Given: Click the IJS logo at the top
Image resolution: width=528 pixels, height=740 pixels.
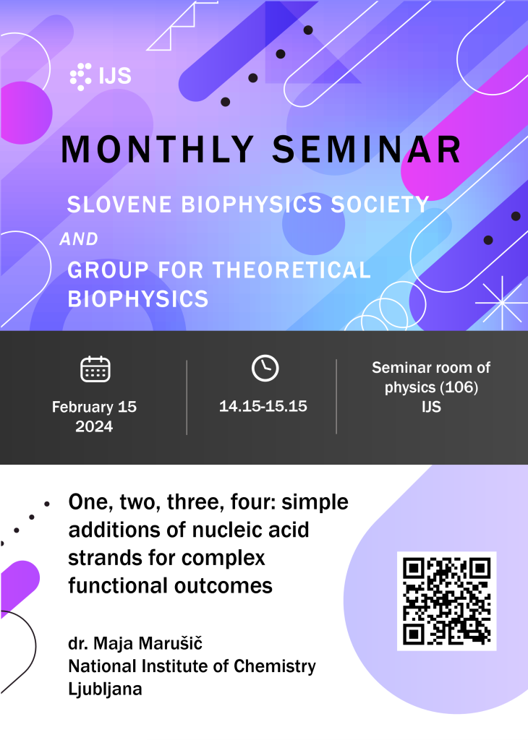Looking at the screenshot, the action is click(101, 76).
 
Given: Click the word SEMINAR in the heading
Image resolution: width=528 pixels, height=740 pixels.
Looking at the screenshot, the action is click(367, 150).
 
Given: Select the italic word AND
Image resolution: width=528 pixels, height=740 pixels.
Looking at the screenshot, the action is click(79, 239).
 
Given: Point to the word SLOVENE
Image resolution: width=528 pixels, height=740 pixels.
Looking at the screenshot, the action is click(119, 205).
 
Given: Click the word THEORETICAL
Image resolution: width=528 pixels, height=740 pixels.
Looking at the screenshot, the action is click(292, 270).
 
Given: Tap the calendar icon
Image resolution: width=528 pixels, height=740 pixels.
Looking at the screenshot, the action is click(95, 369).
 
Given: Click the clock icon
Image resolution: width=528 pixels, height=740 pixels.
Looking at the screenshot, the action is click(265, 368).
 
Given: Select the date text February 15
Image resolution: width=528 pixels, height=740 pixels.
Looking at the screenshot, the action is click(95, 407).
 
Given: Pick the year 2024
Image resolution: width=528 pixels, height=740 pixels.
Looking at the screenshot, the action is click(94, 426).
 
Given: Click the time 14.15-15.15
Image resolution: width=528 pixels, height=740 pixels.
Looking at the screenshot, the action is click(263, 406).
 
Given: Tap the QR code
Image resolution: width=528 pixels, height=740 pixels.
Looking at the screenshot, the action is click(447, 601).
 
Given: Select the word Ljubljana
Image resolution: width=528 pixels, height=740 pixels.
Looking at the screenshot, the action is click(105, 689).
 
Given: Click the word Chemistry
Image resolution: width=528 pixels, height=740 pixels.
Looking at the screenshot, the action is click(275, 666).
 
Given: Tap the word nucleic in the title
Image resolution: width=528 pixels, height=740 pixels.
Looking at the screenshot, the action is click(234, 530).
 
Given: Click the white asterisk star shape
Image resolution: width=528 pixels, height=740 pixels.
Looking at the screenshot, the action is click(501, 303).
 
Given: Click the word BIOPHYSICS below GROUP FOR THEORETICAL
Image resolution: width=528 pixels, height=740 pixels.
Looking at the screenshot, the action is click(138, 299).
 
